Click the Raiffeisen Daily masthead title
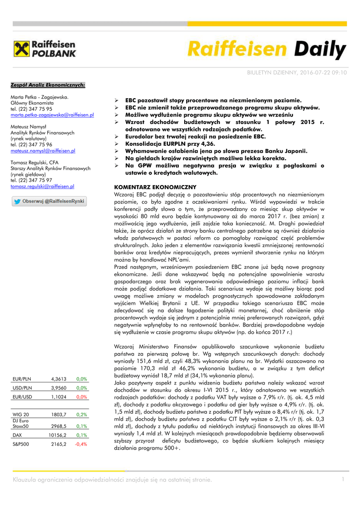click(267, 50)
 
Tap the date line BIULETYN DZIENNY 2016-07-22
click(297, 72)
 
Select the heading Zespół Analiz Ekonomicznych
click(48, 85)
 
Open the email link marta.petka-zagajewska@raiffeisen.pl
click(52, 115)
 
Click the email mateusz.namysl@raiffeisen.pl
click(43, 150)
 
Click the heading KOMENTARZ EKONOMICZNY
click(155, 187)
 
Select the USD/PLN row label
click(22, 388)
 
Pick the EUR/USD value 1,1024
click(58, 397)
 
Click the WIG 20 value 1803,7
click(58, 414)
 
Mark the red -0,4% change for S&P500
click(80, 444)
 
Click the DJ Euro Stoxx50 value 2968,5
click(58, 426)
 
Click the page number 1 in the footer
click(342, 479)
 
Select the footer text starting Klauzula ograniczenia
click(112, 479)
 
